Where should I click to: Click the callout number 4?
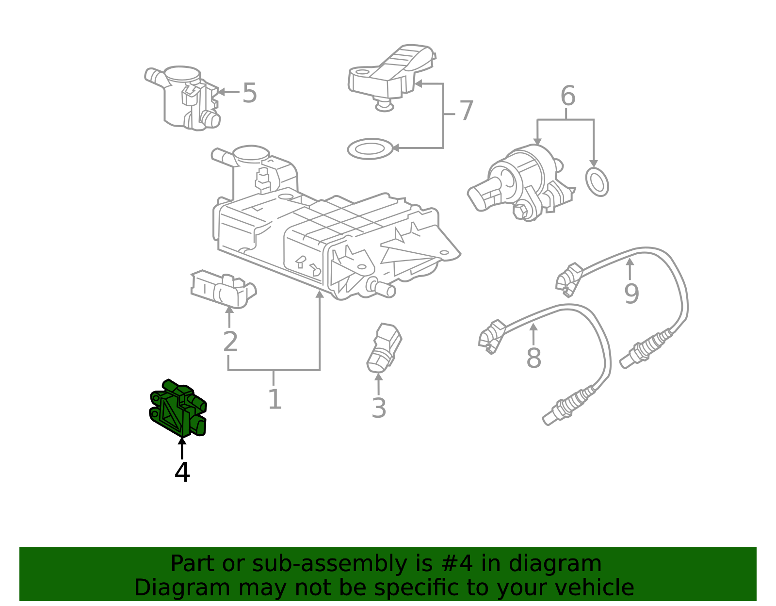182,472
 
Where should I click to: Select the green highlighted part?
178,408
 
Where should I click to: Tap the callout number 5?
250,93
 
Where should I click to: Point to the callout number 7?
467,110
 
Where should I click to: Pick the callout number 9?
631,294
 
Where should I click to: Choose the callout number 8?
534,358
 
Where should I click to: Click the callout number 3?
379,408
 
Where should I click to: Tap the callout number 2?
230,342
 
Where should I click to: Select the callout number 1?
275,399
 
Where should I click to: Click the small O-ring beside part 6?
597,182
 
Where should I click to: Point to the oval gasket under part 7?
371,148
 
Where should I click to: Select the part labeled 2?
224,289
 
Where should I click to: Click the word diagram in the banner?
555,563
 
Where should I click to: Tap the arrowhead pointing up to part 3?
378,377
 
